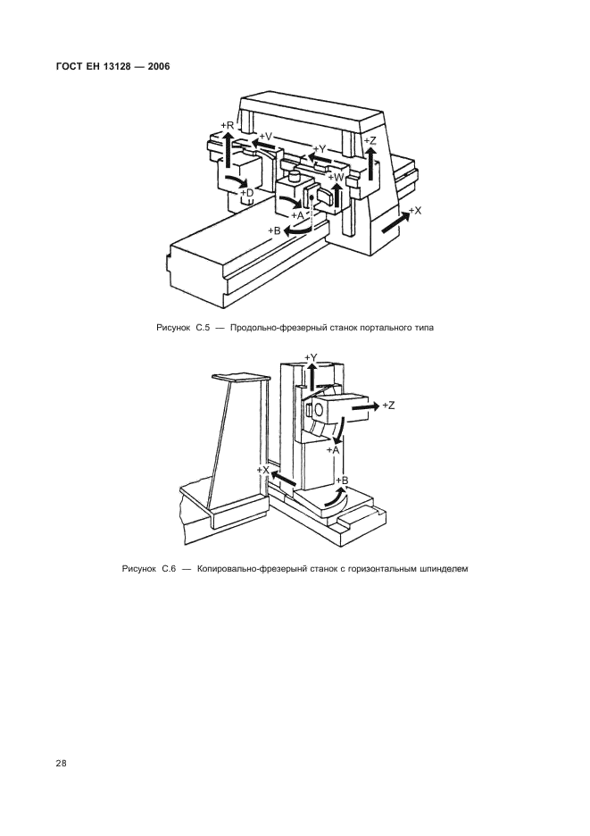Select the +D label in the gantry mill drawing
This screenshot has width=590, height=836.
click(247, 192)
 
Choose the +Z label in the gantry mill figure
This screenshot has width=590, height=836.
click(370, 141)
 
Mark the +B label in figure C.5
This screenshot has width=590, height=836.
click(275, 230)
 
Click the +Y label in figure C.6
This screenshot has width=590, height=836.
click(311, 357)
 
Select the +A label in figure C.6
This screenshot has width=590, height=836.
click(333, 450)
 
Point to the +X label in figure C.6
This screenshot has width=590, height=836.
click(262, 470)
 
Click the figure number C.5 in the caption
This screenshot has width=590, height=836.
click(202, 328)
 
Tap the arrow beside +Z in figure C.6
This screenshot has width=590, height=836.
click(361, 405)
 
